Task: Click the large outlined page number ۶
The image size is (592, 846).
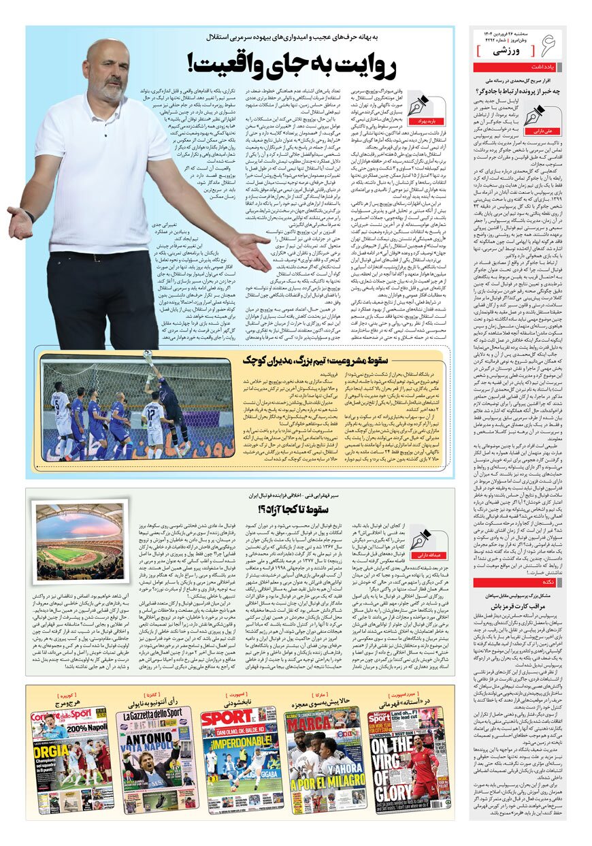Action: [545, 46]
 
